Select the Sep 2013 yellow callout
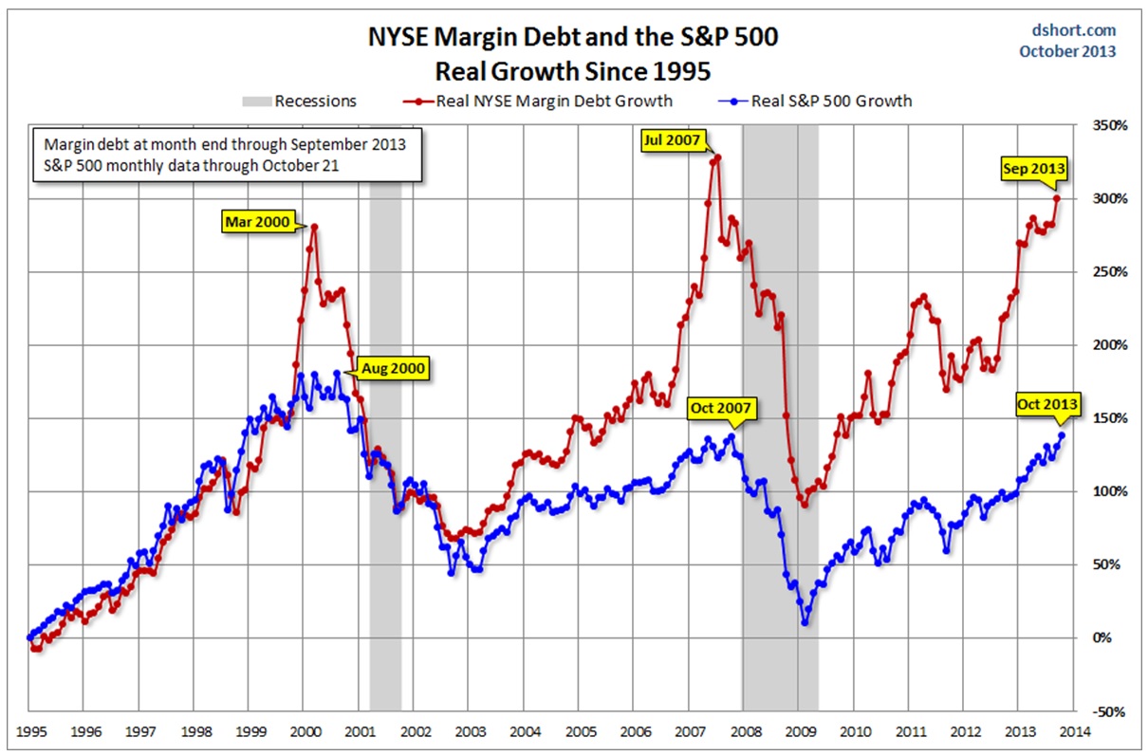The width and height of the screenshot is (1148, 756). click(1033, 169)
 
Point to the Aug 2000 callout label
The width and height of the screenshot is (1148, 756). click(392, 368)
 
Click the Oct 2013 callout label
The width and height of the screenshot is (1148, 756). click(1046, 403)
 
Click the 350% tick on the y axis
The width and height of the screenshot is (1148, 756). click(1107, 125)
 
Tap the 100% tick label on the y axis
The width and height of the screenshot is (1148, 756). click(1107, 491)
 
